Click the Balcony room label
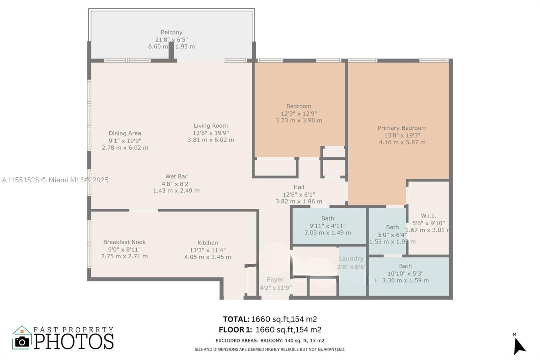(171, 32)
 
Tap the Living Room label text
(211, 126)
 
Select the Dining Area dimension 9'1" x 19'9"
(125, 141)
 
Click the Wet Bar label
(176, 176)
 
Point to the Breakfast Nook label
(124, 242)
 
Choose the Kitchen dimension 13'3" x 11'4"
(208, 250)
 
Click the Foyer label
(275, 280)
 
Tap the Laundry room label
(351, 259)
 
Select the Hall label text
(299, 187)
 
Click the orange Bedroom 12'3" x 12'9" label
(299, 106)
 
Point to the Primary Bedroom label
(402, 128)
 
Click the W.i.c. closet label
(428, 216)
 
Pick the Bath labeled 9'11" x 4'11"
(327, 219)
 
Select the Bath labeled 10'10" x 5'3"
(405, 266)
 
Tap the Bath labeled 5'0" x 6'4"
(392, 228)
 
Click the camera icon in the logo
(22, 342)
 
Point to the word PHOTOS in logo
(74, 341)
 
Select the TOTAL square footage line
(270, 319)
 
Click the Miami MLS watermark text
(55, 180)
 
